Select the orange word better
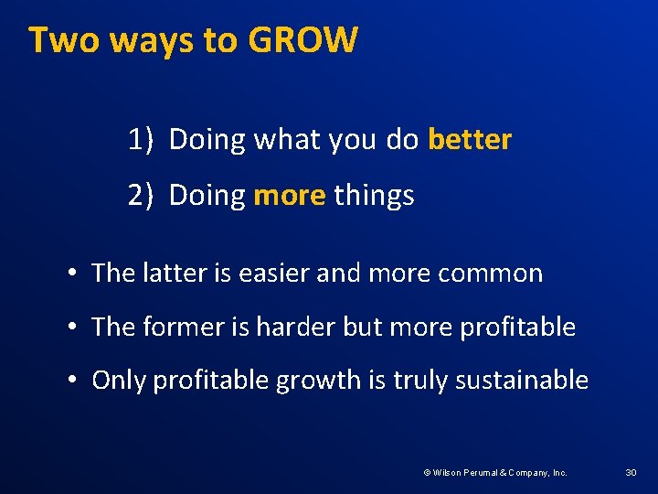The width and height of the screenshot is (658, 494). [x=470, y=140]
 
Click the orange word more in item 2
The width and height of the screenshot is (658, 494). [x=290, y=195]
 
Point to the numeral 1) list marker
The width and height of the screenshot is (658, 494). [x=140, y=140]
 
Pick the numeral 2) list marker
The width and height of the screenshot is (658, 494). [x=140, y=195]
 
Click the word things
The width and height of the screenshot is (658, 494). [x=374, y=195]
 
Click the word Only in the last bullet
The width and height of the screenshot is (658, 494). [x=119, y=381]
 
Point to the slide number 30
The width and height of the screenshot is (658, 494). [x=631, y=472]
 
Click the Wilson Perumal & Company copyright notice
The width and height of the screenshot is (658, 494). [x=494, y=472]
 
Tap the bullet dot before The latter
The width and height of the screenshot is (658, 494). [x=70, y=274]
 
